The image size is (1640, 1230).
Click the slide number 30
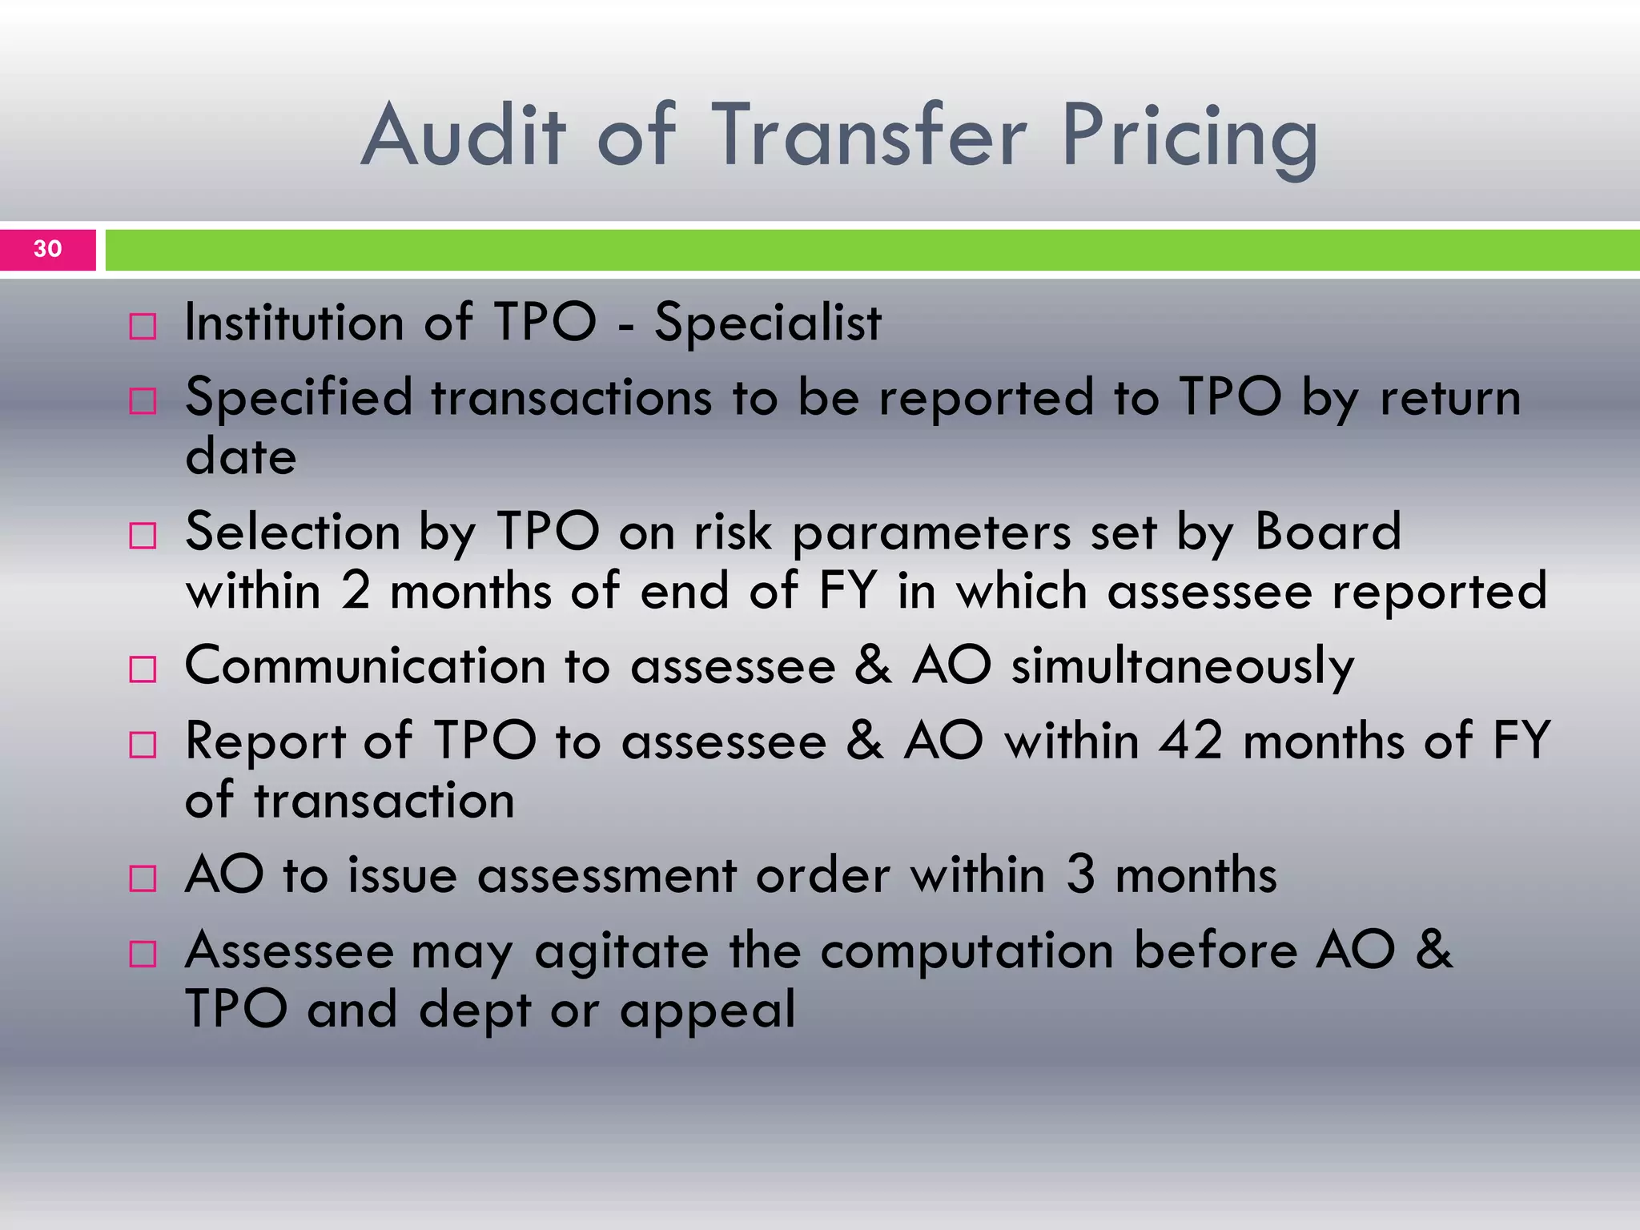[x=48, y=249]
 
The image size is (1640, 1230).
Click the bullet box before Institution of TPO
[x=143, y=327]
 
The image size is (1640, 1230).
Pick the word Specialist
[x=767, y=324]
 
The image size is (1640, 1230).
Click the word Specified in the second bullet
[x=299, y=398]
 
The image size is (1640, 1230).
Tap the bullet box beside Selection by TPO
[x=143, y=536]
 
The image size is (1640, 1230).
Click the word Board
[x=1328, y=532]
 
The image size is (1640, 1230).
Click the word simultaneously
[x=1182, y=666]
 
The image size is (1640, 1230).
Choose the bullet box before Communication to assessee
[x=143, y=669]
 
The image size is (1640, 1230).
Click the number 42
[x=1191, y=741]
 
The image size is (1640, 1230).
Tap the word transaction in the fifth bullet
[x=384, y=800]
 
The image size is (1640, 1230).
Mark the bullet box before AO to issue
[x=143, y=878]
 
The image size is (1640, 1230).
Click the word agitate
[x=621, y=952]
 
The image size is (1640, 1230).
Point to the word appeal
[x=708, y=1011]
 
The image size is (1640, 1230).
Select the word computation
[x=967, y=952]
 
